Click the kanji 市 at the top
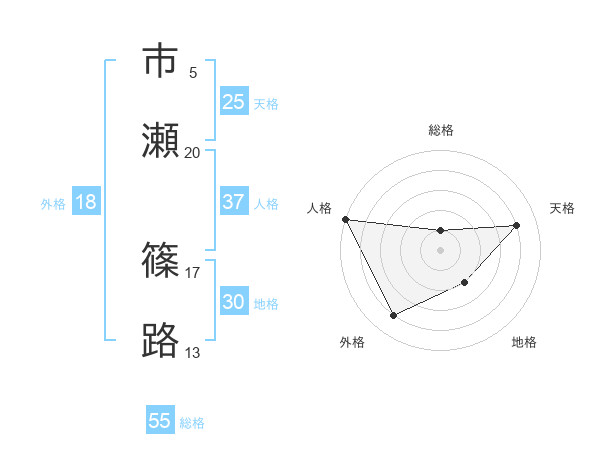point(160,62)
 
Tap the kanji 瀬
point(160,140)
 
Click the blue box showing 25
point(234,102)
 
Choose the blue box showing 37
point(234,202)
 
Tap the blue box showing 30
point(234,302)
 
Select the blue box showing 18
point(86,202)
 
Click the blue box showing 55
point(160,421)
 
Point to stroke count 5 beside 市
point(193,73)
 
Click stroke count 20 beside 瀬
point(193,153)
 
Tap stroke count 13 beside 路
point(193,352)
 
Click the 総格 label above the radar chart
point(441,130)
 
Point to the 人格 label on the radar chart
point(319,208)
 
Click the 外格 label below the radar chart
point(352,342)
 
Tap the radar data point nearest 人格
point(345,219)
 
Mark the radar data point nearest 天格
point(516,225)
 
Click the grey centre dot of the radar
point(441,250)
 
